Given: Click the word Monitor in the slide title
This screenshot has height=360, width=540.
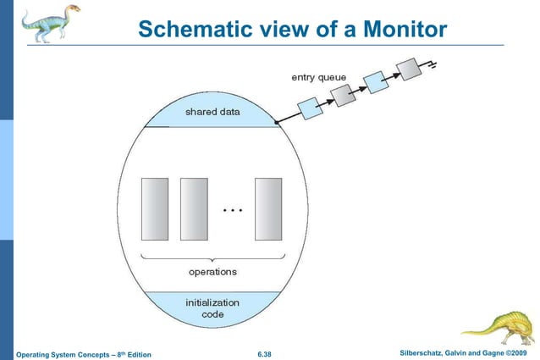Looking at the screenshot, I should click(x=402, y=30).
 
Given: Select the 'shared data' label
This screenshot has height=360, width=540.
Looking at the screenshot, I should click(x=212, y=111).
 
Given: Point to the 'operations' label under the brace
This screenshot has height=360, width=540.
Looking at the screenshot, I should click(x=212, y=271).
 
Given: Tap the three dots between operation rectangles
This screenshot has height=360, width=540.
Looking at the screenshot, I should click(x=232, y=208).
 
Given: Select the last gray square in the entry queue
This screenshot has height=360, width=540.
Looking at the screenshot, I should click(x=409, y=67).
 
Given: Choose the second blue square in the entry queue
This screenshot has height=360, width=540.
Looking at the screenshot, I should click(x=374, y=82).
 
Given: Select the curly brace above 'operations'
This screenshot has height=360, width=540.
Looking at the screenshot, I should click(x=212, y=257).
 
